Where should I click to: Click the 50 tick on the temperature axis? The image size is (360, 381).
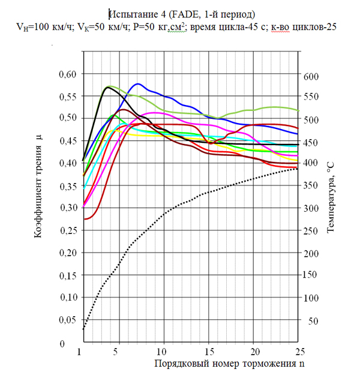pyautogui.click(x=313, y=321)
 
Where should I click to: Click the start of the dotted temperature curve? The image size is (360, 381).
pyautogui.click(x=83, y=329)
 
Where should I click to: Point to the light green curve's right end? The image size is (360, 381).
pyautogui.click(x=298, y=110)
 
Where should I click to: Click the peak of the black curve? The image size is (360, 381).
pyautogui.click(x=108, y=88)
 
